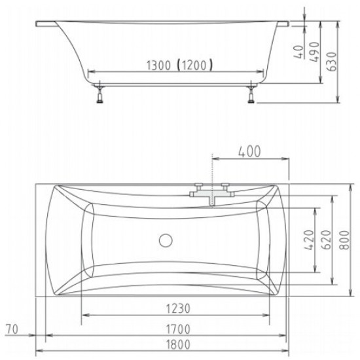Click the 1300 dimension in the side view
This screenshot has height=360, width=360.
[x=158, y=65]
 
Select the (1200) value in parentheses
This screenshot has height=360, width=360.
[x=195, y=65]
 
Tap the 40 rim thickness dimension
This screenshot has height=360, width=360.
[x=298, y=52]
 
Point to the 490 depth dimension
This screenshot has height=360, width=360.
[x=314, y=52]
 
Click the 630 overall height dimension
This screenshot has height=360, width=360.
[x=332, y=62]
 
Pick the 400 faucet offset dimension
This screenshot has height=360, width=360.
[x=249, y=152]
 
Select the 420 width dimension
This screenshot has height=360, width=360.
[x=309, y=240]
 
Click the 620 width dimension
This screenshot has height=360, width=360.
[x=326, y=240]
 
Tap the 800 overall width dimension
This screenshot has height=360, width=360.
[x=344, y=240]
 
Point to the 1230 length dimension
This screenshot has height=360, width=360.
[x=178, y=308]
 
